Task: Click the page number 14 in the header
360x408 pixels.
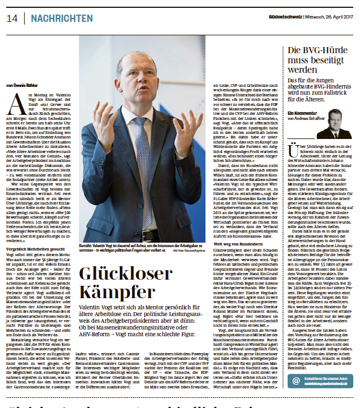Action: [12, 19]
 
